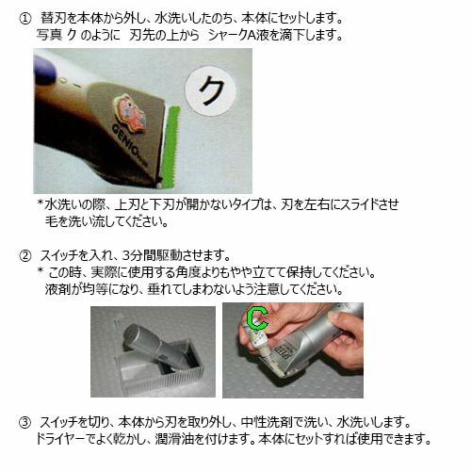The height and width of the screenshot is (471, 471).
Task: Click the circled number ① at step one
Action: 25,19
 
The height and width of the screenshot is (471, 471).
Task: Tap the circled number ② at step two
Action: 25,256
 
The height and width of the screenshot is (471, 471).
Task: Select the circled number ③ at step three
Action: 25,422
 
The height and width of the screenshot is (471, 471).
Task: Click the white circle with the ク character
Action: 210,90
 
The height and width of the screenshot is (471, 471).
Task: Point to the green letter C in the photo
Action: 257,317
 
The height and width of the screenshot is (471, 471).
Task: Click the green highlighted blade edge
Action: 171,146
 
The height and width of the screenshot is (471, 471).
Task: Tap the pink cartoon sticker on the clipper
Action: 130,114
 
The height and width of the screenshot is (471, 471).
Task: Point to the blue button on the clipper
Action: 45,69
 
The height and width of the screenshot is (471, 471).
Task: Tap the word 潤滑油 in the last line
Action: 173,439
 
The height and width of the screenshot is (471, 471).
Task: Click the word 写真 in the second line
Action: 49,35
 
